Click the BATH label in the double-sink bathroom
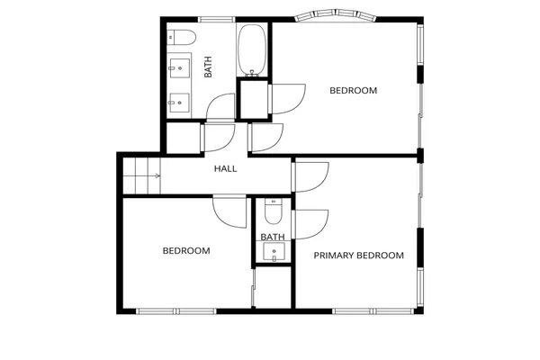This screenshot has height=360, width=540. (208, 67)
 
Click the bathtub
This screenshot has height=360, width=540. (253, 49)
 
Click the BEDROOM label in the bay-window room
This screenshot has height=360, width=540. (353, 90)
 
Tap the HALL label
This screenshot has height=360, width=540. (225, 168)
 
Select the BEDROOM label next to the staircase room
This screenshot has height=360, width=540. (185, 251)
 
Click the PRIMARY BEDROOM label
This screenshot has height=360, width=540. (358, 256)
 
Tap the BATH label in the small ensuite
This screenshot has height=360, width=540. (272, 238)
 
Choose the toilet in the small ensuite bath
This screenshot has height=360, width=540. (274, 212)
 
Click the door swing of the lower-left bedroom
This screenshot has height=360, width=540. (229, 213)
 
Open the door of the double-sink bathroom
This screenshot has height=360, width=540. (220, 108)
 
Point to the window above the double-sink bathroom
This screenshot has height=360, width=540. (216, 19)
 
